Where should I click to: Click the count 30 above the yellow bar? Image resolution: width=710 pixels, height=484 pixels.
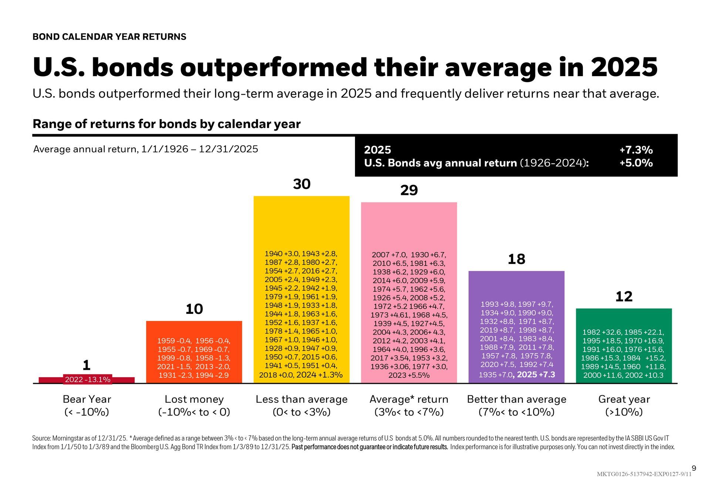tap(302, 184)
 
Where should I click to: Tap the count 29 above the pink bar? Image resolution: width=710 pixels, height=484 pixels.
tap(409, 190)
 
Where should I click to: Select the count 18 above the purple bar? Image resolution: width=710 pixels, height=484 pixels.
tap(516, 259)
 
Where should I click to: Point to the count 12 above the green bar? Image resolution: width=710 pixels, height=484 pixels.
tap(624, 297)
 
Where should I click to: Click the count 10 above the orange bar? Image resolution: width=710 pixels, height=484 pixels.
tap(194, 309)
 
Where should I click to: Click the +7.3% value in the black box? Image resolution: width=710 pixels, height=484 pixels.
tap(636, 150)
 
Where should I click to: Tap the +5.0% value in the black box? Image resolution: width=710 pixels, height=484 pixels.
tap(636, 163)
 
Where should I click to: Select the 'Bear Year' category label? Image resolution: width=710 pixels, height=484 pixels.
tap(87, 399)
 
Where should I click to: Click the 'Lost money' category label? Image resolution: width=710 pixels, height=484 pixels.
tap(194, 399)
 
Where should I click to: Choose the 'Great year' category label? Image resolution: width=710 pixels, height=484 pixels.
tap(624, 399)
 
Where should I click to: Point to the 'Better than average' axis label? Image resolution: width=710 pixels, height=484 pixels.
tap(517, 399)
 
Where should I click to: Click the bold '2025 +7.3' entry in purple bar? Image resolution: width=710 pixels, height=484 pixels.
tap(536, 375)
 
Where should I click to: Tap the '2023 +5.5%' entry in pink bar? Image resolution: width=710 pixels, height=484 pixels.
tap(409, 375)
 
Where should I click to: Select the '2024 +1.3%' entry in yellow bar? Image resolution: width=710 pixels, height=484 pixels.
tap(319, 375)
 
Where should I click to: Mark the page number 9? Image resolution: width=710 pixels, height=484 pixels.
tap(694, 468)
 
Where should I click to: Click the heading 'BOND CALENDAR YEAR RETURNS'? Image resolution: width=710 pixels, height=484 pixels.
tap(109, 37)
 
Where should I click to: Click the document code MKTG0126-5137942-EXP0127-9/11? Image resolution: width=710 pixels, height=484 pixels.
tap(644, 474)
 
